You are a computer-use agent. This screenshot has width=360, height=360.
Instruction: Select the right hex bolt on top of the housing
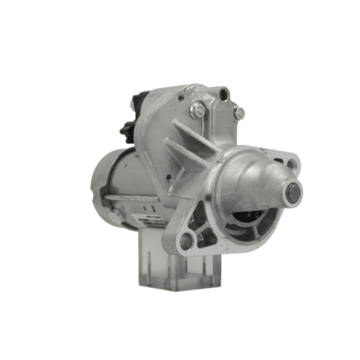[238, 113]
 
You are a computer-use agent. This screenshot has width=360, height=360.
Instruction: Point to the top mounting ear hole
[224, 94]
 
